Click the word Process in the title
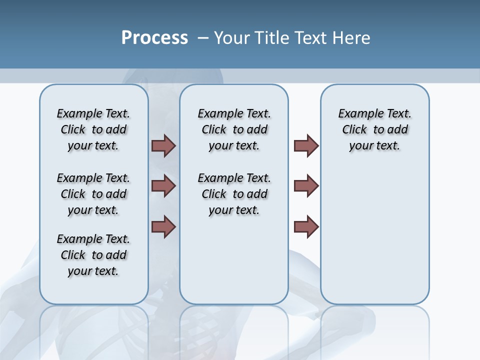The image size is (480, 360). tap(154, 38)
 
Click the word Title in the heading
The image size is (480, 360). tap(270, 38)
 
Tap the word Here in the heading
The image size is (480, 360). tap(351, 38)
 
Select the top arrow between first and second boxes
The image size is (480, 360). tap(163, 145)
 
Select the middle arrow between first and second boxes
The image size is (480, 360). tap(163, 186)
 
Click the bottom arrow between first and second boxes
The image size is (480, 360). tap(163, 226)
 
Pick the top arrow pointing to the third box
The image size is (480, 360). tap(306, 145)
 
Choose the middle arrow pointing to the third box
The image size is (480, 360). tap(306, 186)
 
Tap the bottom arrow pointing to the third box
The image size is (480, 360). tap(306, 226)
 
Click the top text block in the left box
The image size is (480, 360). tap(93, 129)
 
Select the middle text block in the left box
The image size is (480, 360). tap(93, 194)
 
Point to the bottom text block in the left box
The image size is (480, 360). tap(93, 255)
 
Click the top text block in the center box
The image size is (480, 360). tap(234, 129)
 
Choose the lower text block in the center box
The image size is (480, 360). tap(234, 194)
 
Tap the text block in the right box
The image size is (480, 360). tap(375, 129)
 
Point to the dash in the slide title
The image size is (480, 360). tap(203, 38)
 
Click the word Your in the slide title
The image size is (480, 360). tap(232, 38)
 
